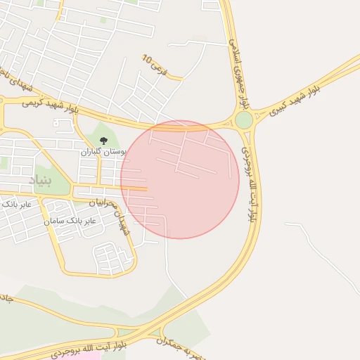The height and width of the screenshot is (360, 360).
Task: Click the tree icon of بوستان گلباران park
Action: pyautogui.click(x=104, y=141)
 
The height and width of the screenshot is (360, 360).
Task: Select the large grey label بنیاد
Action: pyautogui.click(x=40, y=181)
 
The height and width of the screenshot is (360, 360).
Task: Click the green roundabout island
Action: pyautogui.click(x=244, y=120)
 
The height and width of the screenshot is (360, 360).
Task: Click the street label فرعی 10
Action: pyautogui.click(x=154, y=66)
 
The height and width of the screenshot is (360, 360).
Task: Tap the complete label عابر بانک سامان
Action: pyautogui.click(x=73, y=221)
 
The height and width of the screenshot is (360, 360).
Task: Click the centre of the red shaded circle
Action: pyautogui.click(x=180, y=179)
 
